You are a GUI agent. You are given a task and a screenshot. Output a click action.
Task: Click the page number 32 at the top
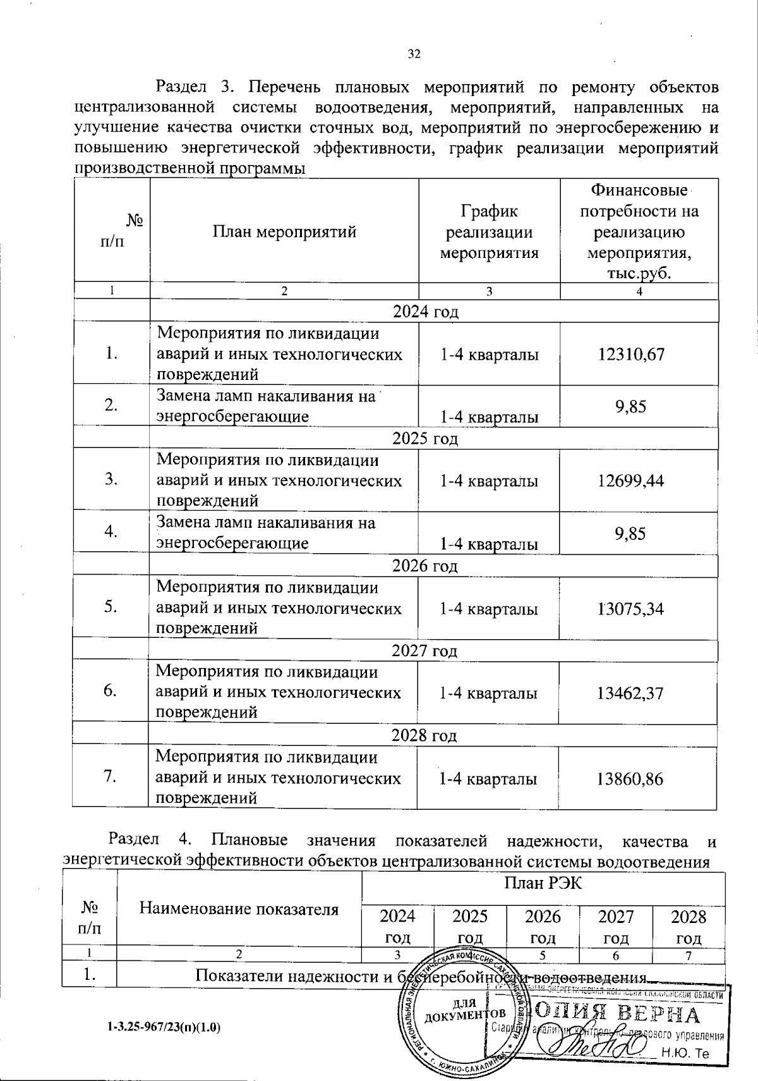[x=414, y=54]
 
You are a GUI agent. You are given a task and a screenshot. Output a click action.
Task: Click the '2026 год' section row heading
[x=425, y=566]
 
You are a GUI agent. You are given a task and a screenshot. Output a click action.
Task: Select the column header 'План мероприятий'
[x=284, y=232]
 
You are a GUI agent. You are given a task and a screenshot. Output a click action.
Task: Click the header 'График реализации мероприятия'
[x=489, y=232]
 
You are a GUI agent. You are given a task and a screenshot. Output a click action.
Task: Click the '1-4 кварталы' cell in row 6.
[x=488, y=693]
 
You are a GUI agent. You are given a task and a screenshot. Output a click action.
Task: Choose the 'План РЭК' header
[x=543, y=883]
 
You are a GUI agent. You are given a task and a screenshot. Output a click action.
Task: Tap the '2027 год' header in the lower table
[x=616, y=926]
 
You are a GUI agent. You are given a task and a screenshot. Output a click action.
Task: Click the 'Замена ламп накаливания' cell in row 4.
[x=265, y=532]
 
